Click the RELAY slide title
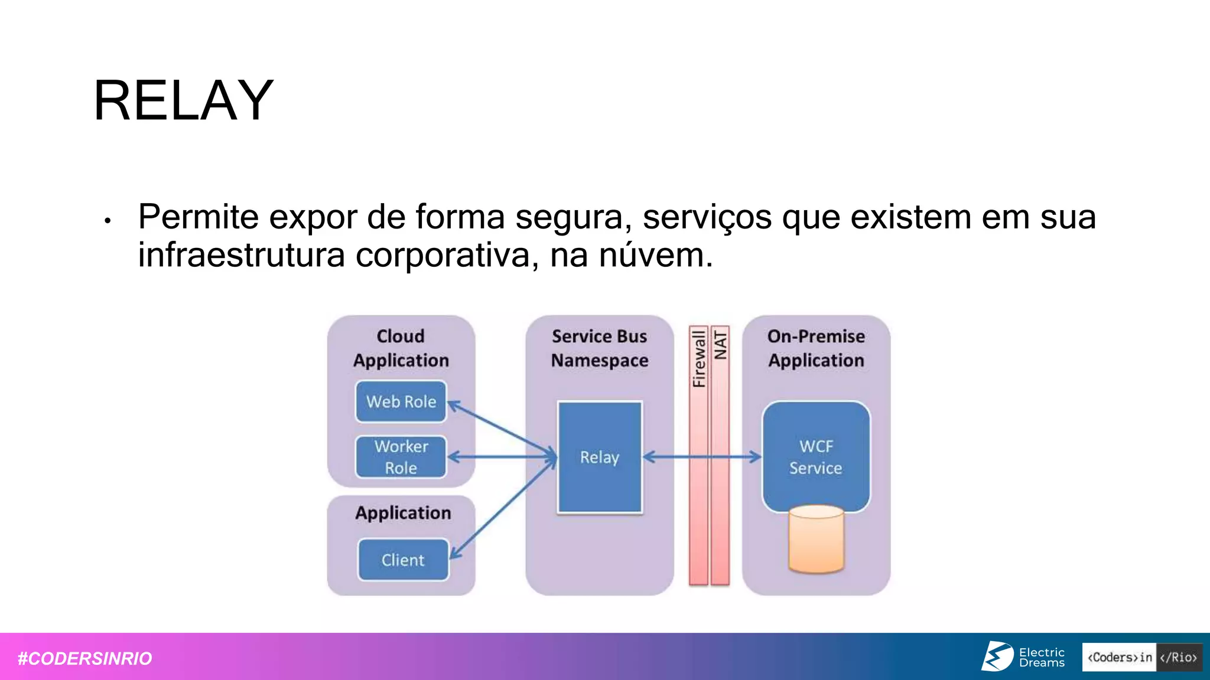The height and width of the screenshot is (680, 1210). (x=183, y=100)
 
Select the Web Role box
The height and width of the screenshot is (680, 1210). (x=401, y=402)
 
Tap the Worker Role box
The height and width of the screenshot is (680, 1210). (x=401, y=457)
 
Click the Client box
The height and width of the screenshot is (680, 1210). (x=403, y=560)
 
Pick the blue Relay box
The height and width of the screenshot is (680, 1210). (x=600, y=457)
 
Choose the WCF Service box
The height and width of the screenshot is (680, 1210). (x=816, y=457)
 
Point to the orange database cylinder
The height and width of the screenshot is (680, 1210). (x=816, y=540)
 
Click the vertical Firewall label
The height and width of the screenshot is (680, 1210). (x=699, y=359)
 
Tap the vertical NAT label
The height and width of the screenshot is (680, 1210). (x=720, y=345)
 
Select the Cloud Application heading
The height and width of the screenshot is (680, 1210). (x=401, y=348)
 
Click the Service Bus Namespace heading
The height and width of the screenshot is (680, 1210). (x=600, y=348)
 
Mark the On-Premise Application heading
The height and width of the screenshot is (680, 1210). (x=816, y=348)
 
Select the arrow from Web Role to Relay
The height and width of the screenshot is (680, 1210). (x=502, y=429)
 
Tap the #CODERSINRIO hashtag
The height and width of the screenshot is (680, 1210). (x=84, y=658)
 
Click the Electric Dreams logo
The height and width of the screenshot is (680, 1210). (x=1023, y=657)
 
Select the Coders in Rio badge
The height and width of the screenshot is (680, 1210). (x=1141, y=657)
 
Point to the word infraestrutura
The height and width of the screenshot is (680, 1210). (x=241, y=255)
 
